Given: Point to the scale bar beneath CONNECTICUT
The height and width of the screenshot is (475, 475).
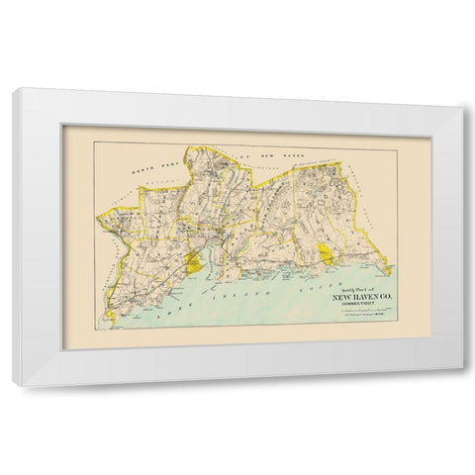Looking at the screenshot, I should pos(367,311).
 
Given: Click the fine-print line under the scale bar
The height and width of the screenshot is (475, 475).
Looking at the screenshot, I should pos(367,318).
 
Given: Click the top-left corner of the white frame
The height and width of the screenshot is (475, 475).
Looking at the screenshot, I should pos(15,90).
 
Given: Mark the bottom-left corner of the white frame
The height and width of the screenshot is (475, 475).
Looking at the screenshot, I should pos(13,384).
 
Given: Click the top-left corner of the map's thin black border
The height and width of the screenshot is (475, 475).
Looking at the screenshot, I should pos(95,142).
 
